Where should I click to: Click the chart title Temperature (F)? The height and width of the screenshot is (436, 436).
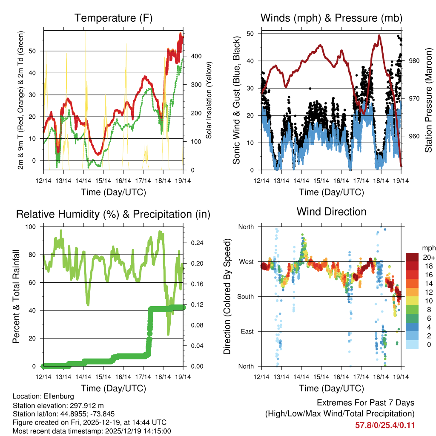pos(113,18)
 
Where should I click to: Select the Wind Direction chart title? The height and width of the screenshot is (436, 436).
pos(331,212)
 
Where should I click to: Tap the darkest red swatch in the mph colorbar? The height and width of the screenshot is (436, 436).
pos(413,257)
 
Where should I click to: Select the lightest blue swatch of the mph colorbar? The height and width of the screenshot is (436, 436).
pos(413,344)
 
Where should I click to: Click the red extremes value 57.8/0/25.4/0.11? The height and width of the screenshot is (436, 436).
pos(385,425)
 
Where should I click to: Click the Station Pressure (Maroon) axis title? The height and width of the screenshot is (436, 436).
pos(428,100)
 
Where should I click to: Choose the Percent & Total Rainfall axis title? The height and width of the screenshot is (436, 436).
pos(16,296)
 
